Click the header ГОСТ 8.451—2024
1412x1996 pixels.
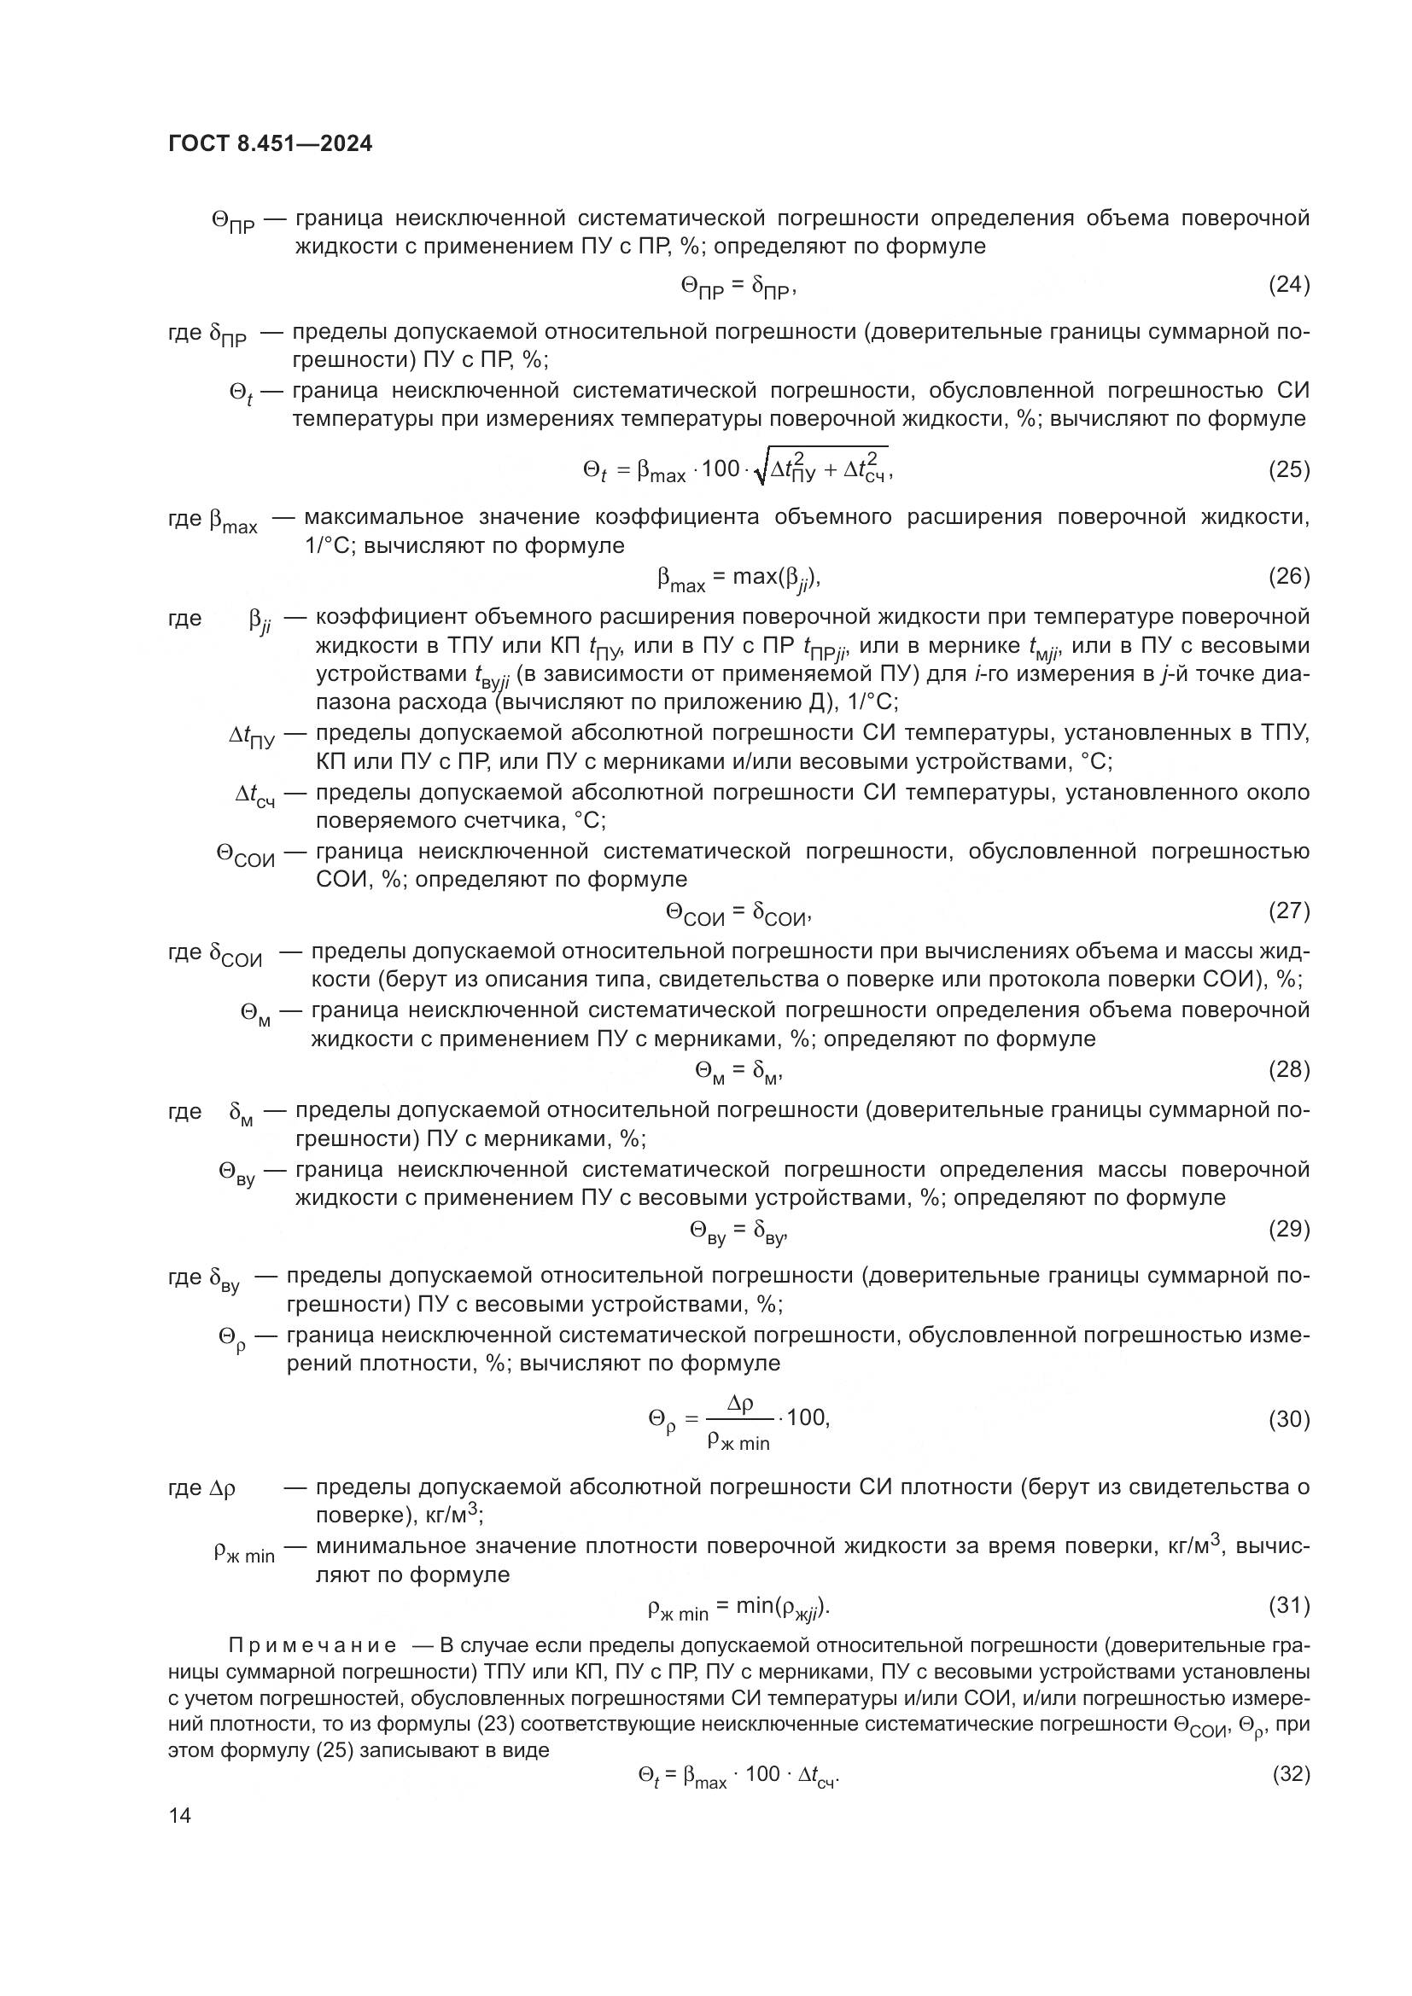click(270, 144)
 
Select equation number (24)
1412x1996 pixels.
click(1288, 284)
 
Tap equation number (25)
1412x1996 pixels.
click(1288, 469)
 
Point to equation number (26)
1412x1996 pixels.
click(1288, 575)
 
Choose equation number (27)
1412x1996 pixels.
click(1288, 911)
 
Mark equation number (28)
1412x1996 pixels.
click(1288, 1068)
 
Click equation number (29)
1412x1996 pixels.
click(1288, 1228)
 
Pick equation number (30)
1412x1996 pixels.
click(1288, 1419)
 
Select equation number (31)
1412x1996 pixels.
click(1288, 1605)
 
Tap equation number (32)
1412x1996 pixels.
click(1290, 1773)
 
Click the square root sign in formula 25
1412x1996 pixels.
click(761, 470)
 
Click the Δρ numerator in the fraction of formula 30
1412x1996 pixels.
click(740, 1402)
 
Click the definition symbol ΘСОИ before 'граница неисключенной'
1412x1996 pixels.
click(245, 855)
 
